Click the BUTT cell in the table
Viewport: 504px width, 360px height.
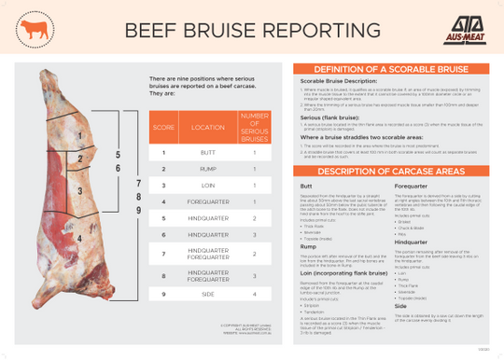tap(207, 152)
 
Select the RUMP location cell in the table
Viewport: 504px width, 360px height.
tap(207, 169)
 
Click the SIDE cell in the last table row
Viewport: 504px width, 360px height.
tap(207, 294)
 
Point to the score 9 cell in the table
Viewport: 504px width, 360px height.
tap(163, 294)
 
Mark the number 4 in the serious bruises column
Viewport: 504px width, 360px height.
tap(254, 294)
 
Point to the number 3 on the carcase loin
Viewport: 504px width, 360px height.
tap(80, 191)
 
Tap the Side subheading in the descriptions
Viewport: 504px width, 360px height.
tap(400, 304)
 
